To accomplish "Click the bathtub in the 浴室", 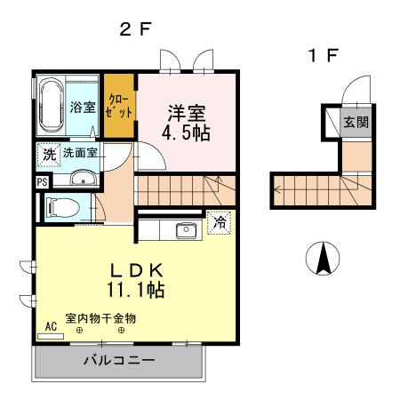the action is pyautogui.click(x=52, y=106).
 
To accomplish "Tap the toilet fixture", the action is pyautogui.click(x=63, y=207).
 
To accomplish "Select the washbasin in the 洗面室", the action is pyautogui.click(x=84, y=179).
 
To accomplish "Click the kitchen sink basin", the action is pyautogui.click(x=186, y=230).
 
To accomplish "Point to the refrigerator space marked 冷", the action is pyautogui.click(x=220, y=223).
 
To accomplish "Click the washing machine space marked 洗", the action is pyautogui.click(x=49, y=155).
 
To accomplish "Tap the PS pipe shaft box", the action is pyautogui.click(x=42, y=182).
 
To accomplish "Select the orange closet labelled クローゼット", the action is pyautogui.click(x=119, y=106).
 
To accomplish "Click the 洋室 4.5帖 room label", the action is pyautogui.click(x=187, y=122).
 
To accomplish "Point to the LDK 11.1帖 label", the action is pyautogui.click(x=136, y=280).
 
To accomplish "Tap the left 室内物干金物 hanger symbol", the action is pyautogui.click(x=79, y=330).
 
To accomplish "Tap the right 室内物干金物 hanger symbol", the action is pyautogui.click(x=121, y=330).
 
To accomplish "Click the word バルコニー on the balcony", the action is pyautogui.click(x=119, y=360).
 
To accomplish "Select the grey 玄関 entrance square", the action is pyautogui.click(x=356, y=123).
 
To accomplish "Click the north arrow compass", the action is pyautogui.click(x=323, y=258).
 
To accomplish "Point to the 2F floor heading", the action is pyautogui.click(x=135, y=29).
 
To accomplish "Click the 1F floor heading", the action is pyautogui.click(x=323, y=55).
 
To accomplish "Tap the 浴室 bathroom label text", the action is pyautogui.click(x=83, y=107).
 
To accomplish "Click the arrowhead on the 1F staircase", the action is pyautogui.click(x=276, y=189).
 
